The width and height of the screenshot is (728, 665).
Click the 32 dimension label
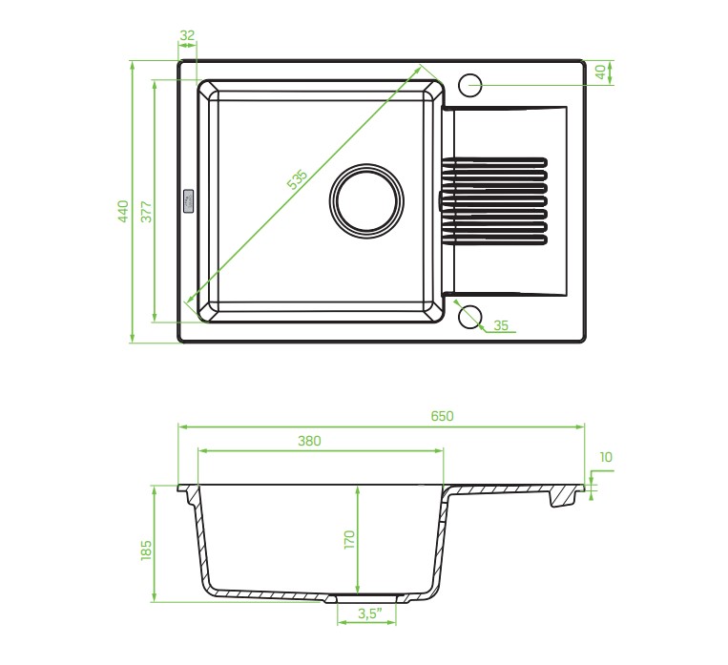187,35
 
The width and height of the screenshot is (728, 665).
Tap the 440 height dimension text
123,211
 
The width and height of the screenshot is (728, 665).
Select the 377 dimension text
146,211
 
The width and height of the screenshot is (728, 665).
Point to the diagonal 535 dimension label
297,179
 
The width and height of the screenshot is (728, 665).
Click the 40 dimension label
601,72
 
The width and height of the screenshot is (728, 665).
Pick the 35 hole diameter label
501,325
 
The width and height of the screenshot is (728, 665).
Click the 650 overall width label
442,416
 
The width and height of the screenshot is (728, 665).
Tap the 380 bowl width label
309,441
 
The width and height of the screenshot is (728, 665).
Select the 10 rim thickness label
606,457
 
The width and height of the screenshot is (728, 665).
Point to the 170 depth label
349,540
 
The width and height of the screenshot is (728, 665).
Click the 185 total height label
146,550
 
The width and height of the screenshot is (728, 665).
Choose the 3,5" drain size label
369,613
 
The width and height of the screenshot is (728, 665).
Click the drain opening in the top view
366,201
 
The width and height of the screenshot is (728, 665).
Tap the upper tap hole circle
470,85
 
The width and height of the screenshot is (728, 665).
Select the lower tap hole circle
470,316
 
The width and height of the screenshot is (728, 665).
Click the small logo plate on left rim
190,200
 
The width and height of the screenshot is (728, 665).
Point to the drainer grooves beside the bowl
494,201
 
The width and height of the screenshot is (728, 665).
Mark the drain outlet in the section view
366,597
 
